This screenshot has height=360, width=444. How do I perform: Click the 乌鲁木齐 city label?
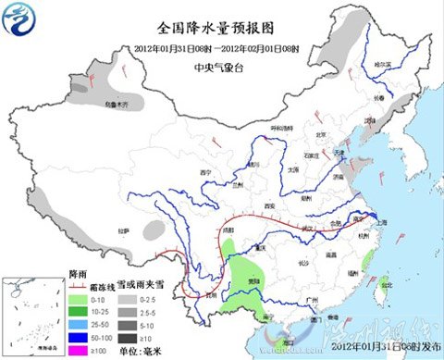(x=117, y=107)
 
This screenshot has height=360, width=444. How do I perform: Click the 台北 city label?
(x=387, y=286)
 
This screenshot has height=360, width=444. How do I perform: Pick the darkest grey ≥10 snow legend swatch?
(x=121, y=338)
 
